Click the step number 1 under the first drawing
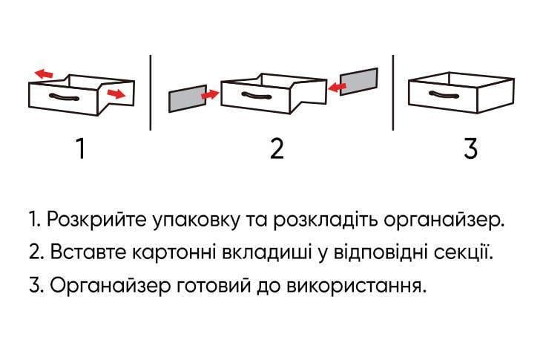pos(80,149)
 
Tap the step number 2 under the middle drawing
pos(277,149)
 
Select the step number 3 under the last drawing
pos(470,149)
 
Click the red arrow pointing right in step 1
pos(115,94)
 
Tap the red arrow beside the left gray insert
pos(211,94)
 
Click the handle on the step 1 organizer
pos(64,97)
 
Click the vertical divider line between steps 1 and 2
pos(151,92)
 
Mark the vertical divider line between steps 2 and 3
pos(392,92)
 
